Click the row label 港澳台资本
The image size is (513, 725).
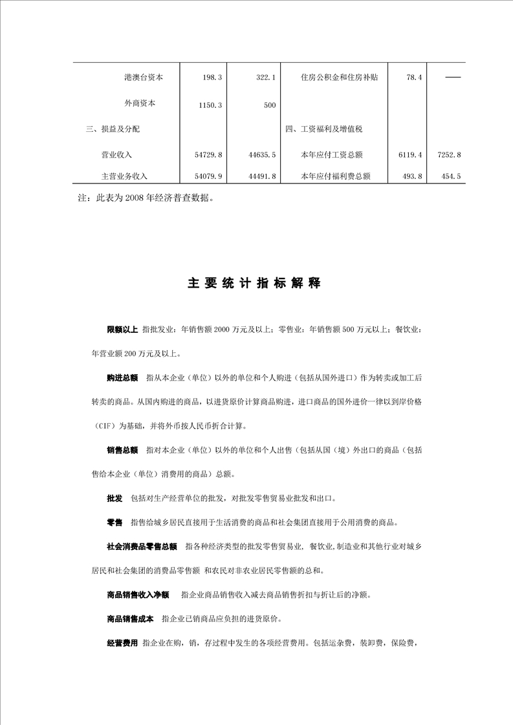(x=144, y=78)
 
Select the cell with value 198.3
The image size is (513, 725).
(x=212, y=78)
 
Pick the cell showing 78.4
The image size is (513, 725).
(x=414, y=78)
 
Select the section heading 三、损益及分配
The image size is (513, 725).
(x=113, y=129)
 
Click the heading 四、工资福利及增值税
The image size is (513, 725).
(x=323, y=129)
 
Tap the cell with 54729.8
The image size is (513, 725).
(x=208, y=155)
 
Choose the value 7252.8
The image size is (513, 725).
(x=449, y=155)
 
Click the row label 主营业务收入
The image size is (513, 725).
(x=125, y=176)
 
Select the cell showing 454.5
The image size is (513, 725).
(x=451, y=176)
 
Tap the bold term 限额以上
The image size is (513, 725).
(x=122, y=330)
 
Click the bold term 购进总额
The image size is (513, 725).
(x=122, y=378)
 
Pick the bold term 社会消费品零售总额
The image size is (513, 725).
(x=142, y=547)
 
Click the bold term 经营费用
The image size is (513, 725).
(x=122, y=643)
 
